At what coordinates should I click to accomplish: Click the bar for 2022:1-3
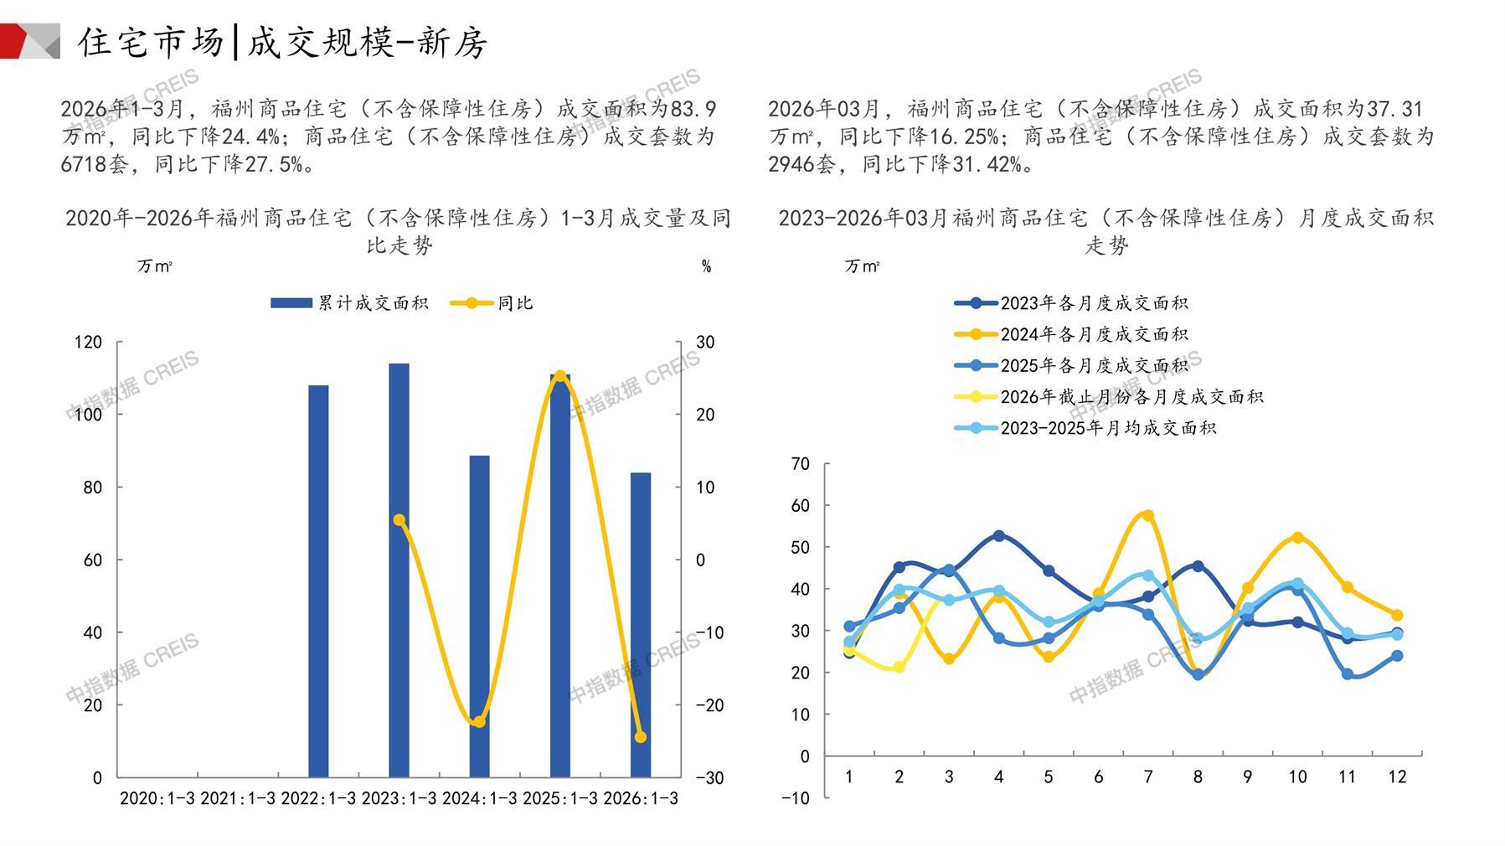click(318, 581)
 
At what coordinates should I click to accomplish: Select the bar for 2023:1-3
click(399, 570)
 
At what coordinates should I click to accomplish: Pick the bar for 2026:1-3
click(641, 625)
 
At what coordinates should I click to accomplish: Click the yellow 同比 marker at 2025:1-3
click(560, 376)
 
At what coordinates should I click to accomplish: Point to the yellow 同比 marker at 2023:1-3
click(399, 520)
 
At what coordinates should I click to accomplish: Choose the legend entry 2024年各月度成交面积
click(1072, 334)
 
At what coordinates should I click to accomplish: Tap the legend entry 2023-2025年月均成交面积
click(1085, 428)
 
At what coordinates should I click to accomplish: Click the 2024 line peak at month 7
click(1148, 515)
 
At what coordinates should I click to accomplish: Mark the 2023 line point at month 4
click(998, 535)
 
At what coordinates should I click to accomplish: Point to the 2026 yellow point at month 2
click(899, 668)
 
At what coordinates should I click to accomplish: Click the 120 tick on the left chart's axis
click(88, 342)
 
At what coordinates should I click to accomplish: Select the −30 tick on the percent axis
click(709, 778)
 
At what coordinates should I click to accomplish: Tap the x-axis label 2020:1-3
click(157, 798)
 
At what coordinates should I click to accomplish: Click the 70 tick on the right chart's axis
click(800, 464)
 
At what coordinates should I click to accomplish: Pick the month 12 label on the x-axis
click(1397, 777)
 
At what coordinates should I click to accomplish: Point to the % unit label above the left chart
click(706, 266)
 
